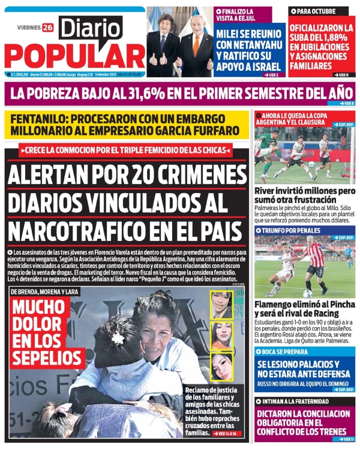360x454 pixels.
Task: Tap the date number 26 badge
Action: pyautogui.click(x=47, y=27)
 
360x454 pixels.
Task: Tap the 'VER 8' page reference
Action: pyautogui.click(x=347, y=104)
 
